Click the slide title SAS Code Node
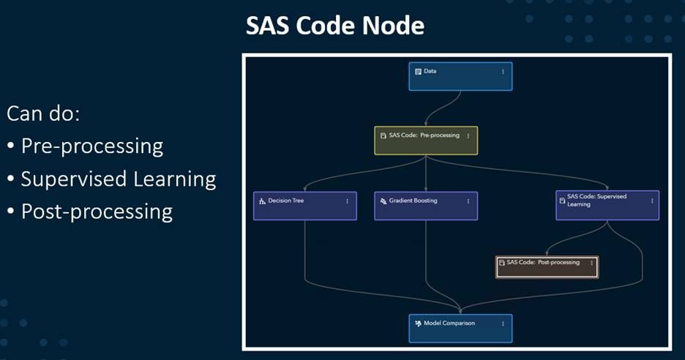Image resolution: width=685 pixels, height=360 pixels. (x=334, y=26)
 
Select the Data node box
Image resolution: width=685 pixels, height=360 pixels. (x=460, y=76)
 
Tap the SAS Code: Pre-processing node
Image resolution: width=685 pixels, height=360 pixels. (x=425, y=140)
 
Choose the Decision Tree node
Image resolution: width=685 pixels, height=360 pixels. (x=304, y=206)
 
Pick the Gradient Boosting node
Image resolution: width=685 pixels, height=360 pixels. (x=425, y=206)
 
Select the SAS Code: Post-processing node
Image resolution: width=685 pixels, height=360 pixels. (x=546, y=266)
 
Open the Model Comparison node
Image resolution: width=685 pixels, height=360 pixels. (x=460, y=328)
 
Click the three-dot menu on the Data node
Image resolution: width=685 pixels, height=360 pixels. (x=503, y=72)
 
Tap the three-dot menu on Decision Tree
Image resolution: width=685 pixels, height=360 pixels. (x=347, y=201)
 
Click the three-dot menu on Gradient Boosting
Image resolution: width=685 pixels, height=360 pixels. (x=468, y=201)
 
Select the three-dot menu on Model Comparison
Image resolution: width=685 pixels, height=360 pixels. (x=503, y=323)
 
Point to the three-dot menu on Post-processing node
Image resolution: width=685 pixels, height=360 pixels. (x=591, y=263)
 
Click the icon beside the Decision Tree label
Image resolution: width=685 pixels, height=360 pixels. (x=262, y=201)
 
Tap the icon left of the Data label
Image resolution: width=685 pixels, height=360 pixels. (x=418, y=72)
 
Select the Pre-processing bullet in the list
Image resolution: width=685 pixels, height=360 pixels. (x=91, y=146)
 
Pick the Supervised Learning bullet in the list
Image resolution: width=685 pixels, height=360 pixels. (x=118, y=179)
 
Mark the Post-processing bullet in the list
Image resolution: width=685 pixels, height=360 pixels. (x=97, y=211)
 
